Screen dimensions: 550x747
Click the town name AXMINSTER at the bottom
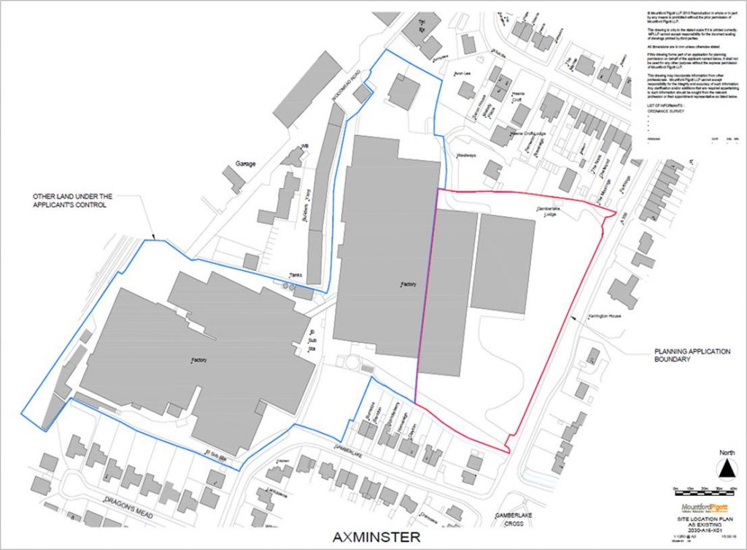(376, 538)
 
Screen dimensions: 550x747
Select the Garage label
(246, 164)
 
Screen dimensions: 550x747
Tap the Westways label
(466, 156)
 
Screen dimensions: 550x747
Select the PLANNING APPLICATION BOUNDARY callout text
(692, 356)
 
